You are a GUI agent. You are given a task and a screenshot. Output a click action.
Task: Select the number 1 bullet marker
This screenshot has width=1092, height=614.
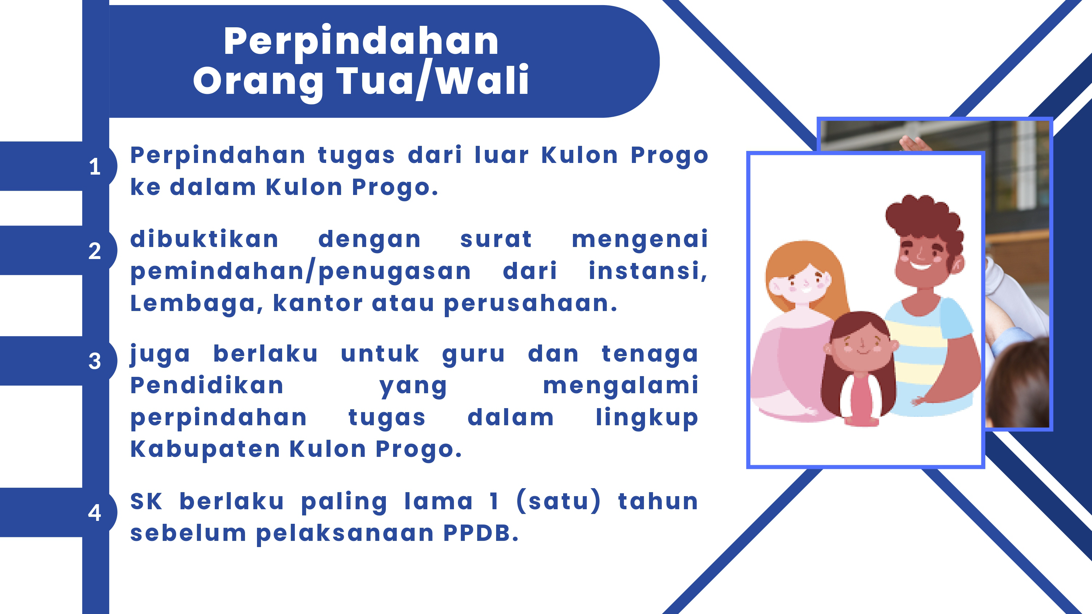(x=95, y=167)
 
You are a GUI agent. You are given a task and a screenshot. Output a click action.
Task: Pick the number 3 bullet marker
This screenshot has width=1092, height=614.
(x=95, y=361)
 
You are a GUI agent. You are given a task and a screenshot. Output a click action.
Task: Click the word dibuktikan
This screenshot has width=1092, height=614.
(x=204, y=239)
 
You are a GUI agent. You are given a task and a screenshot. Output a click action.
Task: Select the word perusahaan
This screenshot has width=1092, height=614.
(x=530, y=304)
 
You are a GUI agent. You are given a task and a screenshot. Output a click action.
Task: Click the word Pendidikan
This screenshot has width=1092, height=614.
(x=207, y=385)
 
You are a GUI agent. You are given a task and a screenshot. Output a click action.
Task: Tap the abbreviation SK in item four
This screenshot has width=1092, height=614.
(x=146, y=501)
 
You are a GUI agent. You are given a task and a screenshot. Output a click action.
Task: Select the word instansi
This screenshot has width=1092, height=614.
(x=648, y=272)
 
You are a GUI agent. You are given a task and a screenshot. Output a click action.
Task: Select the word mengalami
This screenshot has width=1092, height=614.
(x=621, y=386)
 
